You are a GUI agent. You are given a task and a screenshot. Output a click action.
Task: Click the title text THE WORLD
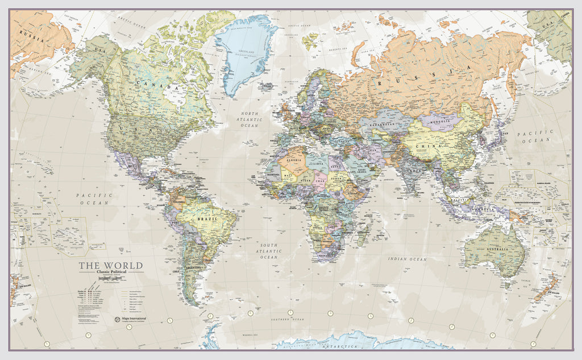[x=110, y=266]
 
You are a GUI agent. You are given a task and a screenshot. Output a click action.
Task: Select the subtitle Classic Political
[x=111, y=273]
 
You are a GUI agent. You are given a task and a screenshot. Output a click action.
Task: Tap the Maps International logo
[x=129, y=319]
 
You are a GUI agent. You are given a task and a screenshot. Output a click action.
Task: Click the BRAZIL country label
[x=204, y=218]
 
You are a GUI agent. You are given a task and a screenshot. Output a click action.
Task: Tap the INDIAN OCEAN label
[x=407, y=259]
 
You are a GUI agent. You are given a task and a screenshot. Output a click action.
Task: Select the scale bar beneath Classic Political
[x=111, y=278]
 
